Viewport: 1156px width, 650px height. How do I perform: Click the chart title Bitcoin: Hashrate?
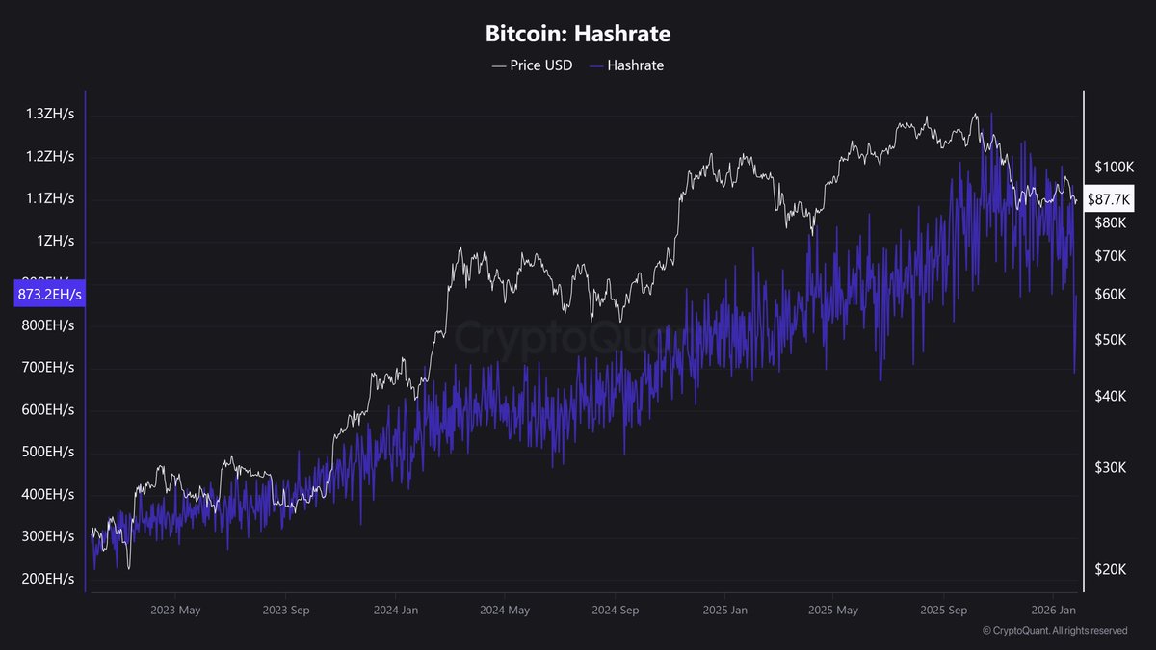tap(577, 34)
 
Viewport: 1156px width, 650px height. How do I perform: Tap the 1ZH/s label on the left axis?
tap(56, 241)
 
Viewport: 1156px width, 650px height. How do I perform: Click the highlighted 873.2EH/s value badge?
tap(50, 294)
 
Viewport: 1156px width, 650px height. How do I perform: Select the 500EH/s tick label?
tap(48, 452)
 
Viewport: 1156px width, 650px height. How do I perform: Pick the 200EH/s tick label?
tap(48, 579)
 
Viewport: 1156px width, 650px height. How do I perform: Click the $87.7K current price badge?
tap(1110, 199)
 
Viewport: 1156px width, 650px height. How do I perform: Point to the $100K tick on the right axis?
tap(1115, 168)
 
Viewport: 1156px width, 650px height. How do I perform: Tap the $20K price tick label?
tap(1111, 569)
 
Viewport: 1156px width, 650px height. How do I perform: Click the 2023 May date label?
tap(176, 611)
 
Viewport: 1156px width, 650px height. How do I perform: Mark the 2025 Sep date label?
tap(943, 611)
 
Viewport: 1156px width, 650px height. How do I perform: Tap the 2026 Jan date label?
tap(1053, 611)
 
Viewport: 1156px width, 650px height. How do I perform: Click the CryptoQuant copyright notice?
tap(1055, 631)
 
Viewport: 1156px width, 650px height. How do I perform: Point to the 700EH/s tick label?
tap(48, 367)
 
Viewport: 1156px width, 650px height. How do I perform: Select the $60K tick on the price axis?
tap(1111, 294)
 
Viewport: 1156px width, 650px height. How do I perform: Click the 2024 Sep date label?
tap(616, 611)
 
